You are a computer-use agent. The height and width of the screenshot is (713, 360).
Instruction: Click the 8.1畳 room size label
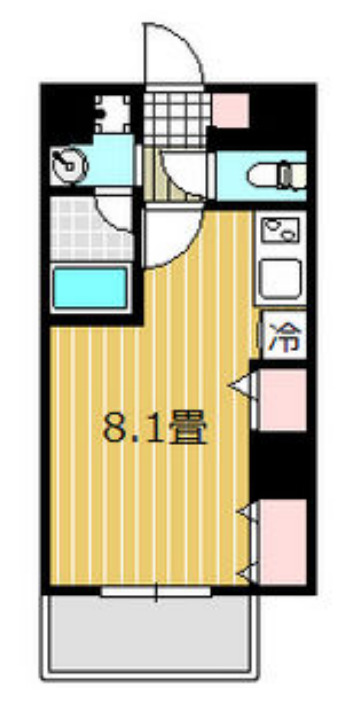(x=155, y=428)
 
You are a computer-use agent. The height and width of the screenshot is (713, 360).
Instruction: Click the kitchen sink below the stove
(x=282, y=278)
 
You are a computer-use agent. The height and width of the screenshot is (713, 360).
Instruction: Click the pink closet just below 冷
(x=283, y=399)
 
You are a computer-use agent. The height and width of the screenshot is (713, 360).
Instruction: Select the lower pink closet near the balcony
(x=283, y=539)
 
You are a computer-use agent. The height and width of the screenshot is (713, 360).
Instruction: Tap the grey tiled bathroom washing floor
(x=74, y=227)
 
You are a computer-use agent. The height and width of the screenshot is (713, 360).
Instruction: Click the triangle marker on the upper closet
(x=240, y=384)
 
